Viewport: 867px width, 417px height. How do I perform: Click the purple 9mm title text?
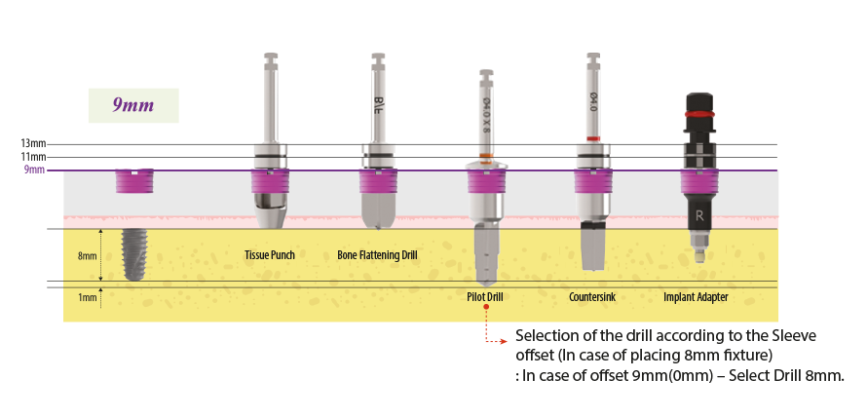[x=132, y=104]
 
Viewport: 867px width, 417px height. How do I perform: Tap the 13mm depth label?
[x=33, y=144]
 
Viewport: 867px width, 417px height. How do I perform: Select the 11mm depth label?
[x=33, y=157]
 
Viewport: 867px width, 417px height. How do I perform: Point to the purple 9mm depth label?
[x=34, y=171]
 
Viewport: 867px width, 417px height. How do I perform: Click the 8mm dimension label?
[x=88, y=256]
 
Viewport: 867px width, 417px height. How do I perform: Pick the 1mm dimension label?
[x=88, y=297]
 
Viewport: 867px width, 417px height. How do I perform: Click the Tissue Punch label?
[x=269, y=255]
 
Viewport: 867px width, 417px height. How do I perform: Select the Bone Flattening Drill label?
[x=377, y=255]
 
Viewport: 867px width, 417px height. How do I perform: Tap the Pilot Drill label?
[x=484, y=296]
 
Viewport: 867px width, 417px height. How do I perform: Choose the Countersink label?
[x=592, y=296]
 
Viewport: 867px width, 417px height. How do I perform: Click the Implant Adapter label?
[x=696, y=296]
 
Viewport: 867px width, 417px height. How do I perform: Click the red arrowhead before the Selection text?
[x=506, y=342]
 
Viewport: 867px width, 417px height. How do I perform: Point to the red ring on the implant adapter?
[x=697, y=114]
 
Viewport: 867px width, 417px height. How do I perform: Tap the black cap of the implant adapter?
[x=697, y=101]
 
